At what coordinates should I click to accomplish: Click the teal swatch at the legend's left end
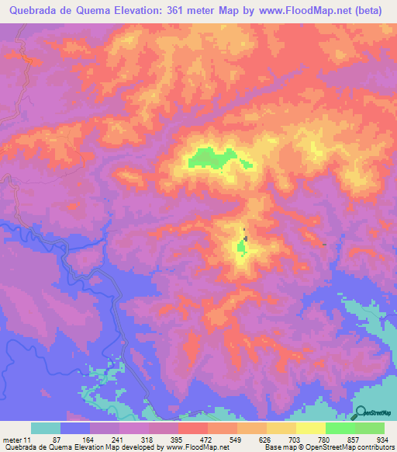pos(46,429)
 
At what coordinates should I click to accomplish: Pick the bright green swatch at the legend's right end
pos(370,429)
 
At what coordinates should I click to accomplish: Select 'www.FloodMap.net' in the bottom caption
pos(198,447)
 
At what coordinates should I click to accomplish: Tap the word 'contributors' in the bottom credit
pos(375,447)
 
